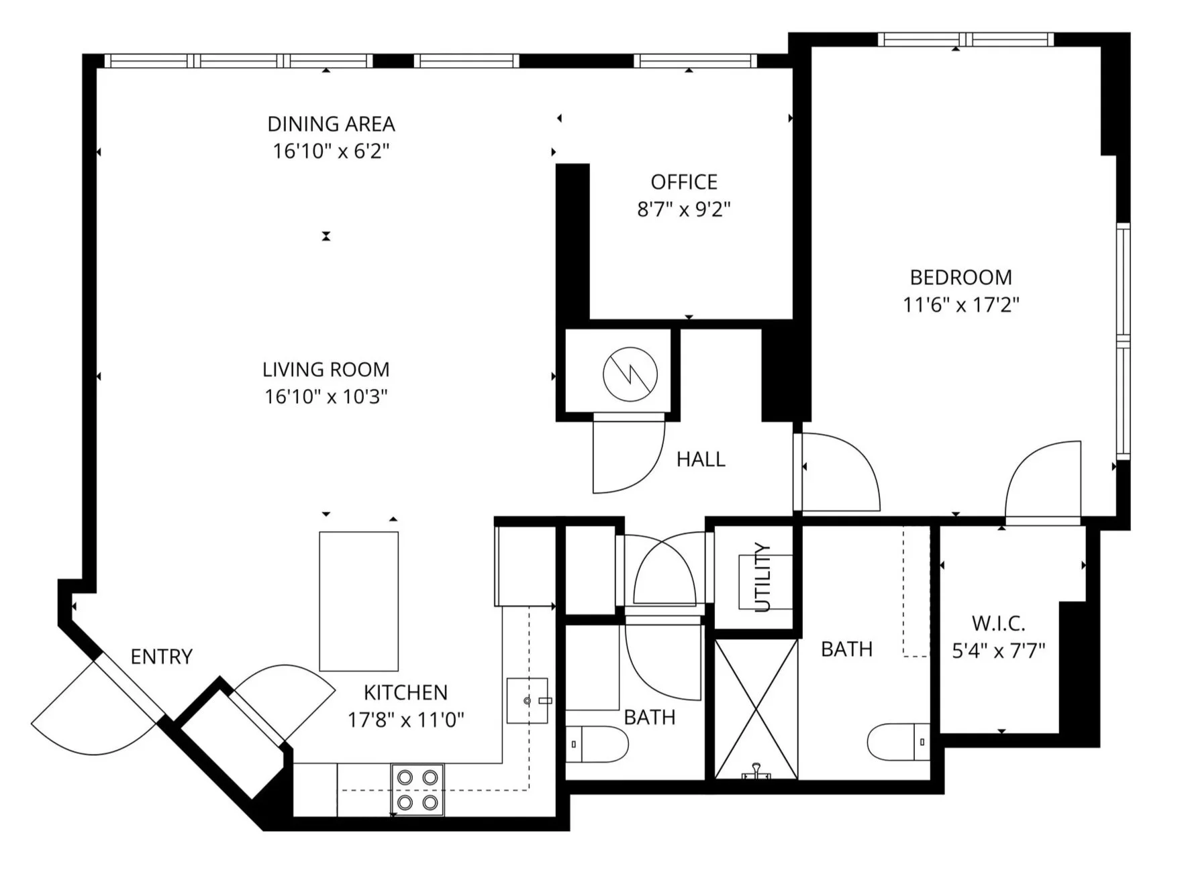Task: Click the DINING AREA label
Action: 331,124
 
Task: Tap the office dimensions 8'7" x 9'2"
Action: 683,210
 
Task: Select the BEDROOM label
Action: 961,277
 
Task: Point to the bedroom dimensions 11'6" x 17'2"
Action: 961,305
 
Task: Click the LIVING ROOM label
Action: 326,370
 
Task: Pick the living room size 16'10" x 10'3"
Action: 326,397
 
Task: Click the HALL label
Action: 701,459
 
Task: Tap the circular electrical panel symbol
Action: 630,374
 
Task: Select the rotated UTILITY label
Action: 763,577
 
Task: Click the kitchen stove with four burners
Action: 417,789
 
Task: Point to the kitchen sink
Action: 528,700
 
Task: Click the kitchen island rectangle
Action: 358,601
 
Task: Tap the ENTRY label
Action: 161,657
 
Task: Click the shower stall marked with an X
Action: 756,708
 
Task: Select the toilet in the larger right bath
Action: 897,742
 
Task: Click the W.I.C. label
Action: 998,624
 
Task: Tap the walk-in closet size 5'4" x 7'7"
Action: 998,651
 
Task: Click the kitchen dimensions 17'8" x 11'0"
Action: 405,720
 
